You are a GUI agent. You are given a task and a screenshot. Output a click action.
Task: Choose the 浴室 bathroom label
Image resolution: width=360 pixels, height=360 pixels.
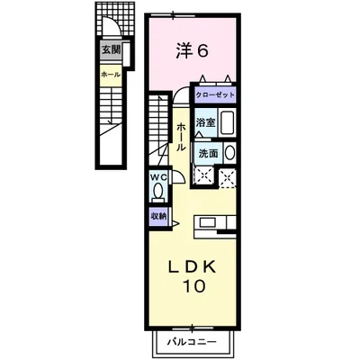pyautogui.click(x=206, y=122)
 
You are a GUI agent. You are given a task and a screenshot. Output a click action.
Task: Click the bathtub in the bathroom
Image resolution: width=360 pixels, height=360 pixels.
pyautogui.click(x=227, y=124)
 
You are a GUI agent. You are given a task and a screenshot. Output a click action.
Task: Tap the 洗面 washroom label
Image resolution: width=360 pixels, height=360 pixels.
pyautogui.click(x=206, y=153)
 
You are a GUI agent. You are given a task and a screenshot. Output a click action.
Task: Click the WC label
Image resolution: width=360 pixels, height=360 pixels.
pyautogui.click(x=158, y=176)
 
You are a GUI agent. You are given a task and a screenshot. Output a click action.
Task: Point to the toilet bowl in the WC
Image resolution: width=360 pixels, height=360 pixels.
pyautogui.click(x=158, y=192)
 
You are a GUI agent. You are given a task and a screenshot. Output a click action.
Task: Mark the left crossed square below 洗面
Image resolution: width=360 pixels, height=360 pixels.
pyautogui.click(x=205, y=176)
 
